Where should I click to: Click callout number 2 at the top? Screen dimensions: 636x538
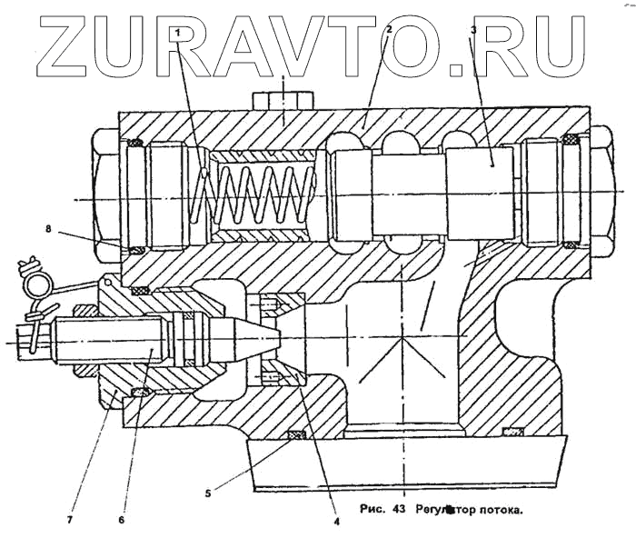pos(389,29)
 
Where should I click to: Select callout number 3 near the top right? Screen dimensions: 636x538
pos(473,30)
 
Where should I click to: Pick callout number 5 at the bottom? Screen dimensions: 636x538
pos(208,493)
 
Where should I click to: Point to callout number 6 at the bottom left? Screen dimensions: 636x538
pos(121,521)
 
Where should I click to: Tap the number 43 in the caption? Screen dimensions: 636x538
pos(397,510)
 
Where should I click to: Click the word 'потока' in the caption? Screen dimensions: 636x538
pos(499,511)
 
